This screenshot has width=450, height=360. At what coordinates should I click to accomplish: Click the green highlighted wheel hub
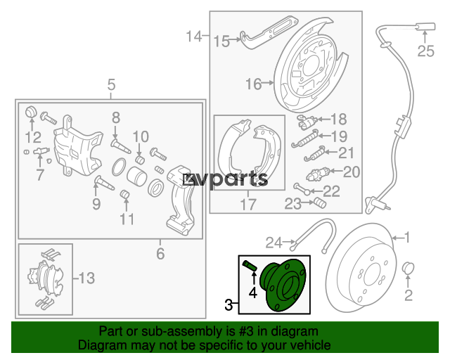[x=283, y=285]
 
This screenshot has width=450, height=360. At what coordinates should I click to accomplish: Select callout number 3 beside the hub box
[x=229, y=304]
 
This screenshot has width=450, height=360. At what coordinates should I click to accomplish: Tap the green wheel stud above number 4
[x=250, y=265]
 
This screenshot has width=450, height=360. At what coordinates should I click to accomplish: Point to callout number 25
[x=425, y=51]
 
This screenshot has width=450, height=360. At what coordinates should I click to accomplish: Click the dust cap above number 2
[x=408, y=269]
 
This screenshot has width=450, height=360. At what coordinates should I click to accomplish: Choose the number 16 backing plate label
[x=253, y=84]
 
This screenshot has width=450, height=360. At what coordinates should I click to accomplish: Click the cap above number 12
[x=31, y=111]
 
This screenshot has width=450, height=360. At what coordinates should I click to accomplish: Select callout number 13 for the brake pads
[x=86, y=278]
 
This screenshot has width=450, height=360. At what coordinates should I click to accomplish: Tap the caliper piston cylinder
[x=137, y=176]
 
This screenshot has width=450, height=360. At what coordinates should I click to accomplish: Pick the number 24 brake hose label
[x=274, y=243]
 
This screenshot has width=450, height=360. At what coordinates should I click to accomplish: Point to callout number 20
[x=352, y=172]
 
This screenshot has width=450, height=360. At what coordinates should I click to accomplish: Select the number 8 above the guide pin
[x=115, y=117]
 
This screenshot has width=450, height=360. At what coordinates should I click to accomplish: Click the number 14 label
[x=194, y=37]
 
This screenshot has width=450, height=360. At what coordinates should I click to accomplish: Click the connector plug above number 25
[x=426, y=27]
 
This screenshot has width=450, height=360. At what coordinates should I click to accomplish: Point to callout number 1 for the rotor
[x=407, y=238]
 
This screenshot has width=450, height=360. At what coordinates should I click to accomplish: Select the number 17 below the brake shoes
[x=248, y=205]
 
